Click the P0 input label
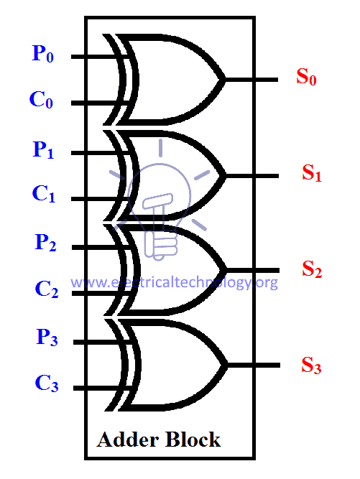click(x=43, y=54)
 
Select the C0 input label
click(x=41, y=100)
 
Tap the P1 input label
click(x=43, y=149)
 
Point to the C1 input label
click(x=44, y=194)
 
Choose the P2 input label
click(x=45, y=243)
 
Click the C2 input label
click(x=47, y=289)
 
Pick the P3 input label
click(x=47, y=338)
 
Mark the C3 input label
click(x=47, y=383)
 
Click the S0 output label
click(x=306, y=76)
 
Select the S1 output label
click(x=312, y=173)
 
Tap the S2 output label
click(x=312, y=269)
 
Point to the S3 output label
click(x=311, y=366)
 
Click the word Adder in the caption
click(x=128, y=440)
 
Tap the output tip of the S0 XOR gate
click(x=226, y=80)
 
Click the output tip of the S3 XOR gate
click(x=228, y=365)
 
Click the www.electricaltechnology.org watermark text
click(x=174, y=282)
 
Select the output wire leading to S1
click(x=252, y=176)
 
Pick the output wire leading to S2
click(x=253, y=270)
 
